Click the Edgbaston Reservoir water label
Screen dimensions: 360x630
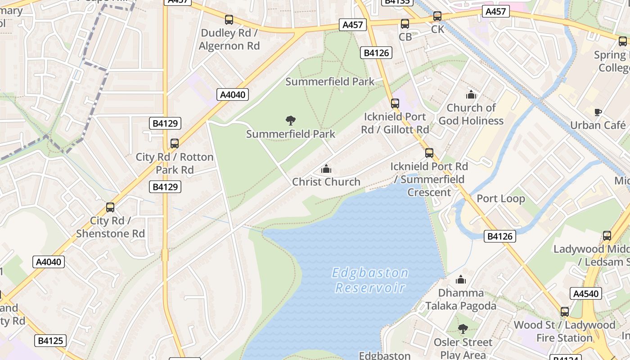tap(370, 280)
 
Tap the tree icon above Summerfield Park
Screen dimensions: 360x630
tap(291, 120)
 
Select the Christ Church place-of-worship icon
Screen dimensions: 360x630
tap(326, 169)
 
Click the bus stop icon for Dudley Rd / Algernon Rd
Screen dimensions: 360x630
tap(229, 20)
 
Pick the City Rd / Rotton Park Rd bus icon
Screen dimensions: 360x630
tap(175, 144)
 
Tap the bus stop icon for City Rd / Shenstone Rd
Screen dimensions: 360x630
tap(110, 207)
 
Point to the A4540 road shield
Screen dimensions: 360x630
tap(586, 294)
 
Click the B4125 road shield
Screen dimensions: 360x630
tap(50, 341)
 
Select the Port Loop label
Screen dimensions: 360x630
tap(500, 198)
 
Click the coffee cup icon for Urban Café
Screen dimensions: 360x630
tap(598, 112)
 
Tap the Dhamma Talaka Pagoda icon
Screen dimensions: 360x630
tap(461, 280)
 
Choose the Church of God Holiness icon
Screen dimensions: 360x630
tap(471, 94)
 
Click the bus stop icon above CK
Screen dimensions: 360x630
tap(437, 17)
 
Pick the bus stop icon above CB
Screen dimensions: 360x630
tap(405, 24)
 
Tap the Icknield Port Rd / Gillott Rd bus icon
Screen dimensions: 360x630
tap(395, 103)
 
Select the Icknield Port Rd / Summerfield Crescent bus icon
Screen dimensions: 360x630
tap(429, 153)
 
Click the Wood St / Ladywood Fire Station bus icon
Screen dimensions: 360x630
tap(565, 311)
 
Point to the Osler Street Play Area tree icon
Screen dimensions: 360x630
tap(463, 329)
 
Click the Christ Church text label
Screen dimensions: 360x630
tap(326, 182)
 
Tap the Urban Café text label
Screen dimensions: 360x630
tap(598, 125)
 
